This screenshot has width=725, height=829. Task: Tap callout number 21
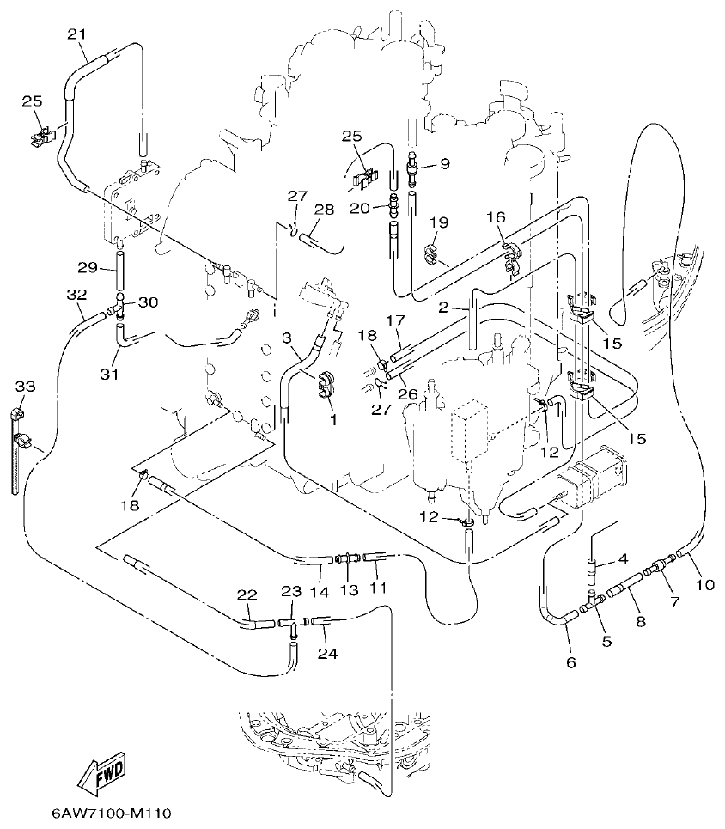pos(77,34)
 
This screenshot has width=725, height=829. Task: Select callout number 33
pos(24,387)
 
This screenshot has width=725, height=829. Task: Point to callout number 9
pos(444,162)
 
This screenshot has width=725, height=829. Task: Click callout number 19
pos(439,222)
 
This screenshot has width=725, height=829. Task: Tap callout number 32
pos(76,295)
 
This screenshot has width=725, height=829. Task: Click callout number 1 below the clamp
pos(333,420)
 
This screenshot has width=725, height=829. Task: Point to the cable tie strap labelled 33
pos(16,455)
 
